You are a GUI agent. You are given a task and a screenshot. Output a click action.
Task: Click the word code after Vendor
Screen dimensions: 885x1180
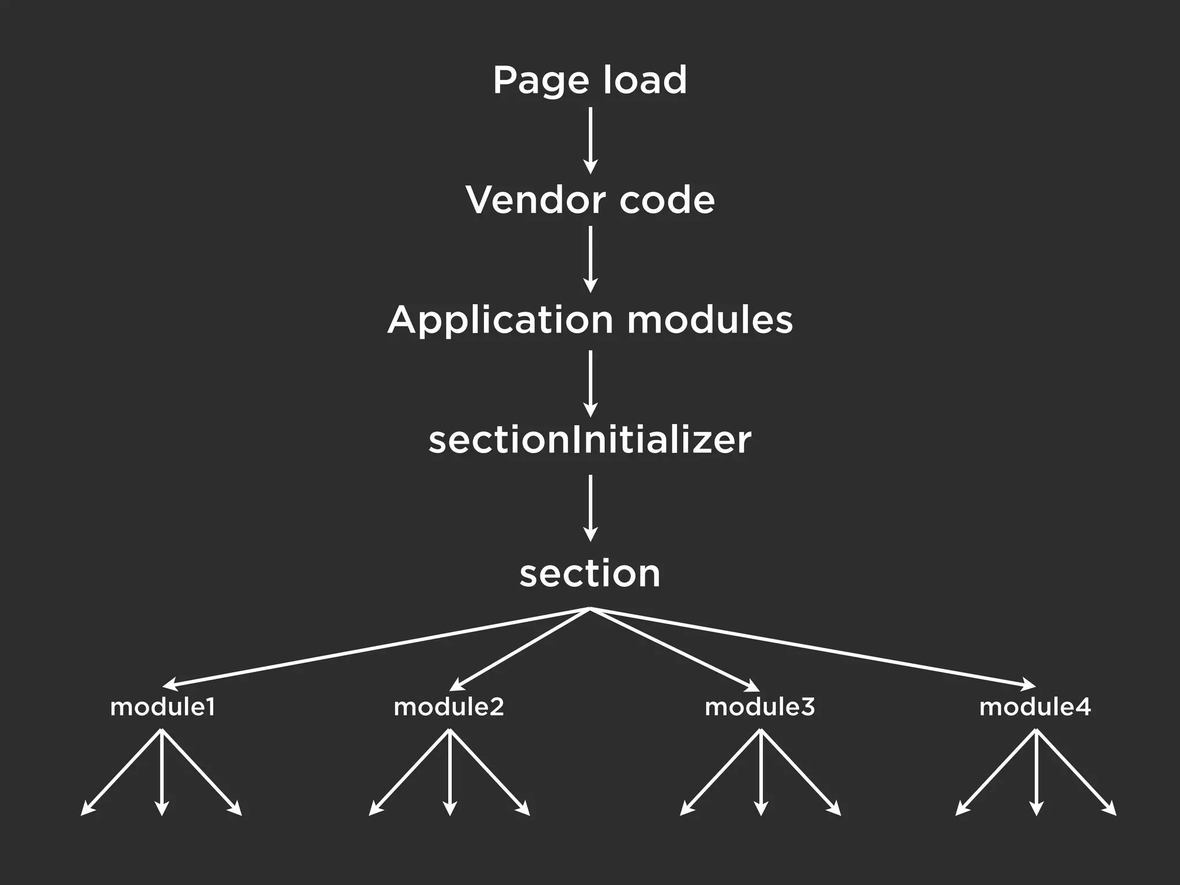coord(667,200)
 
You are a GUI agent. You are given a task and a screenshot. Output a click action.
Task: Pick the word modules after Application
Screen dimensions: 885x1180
coord(709,320)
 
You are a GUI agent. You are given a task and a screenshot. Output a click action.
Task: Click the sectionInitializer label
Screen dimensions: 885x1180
coord(589,440)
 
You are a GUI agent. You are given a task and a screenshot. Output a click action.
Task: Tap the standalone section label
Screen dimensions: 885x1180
coord(589,574)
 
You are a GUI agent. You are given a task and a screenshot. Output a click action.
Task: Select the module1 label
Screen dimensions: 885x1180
coord(162,707)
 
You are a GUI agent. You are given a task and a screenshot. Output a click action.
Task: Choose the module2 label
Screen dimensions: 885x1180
coord(449,707)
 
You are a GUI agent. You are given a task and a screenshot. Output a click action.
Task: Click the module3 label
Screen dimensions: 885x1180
coord(760,707)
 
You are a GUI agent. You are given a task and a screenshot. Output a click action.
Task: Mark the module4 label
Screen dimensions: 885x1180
coord(1035,707)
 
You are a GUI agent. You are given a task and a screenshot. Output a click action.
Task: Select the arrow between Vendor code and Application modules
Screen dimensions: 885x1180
coord(590,259)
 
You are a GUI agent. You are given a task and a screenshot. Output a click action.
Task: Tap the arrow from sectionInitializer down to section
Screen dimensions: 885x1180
coord(590,508)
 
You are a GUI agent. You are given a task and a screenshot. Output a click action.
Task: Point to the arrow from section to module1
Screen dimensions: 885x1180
coord(375,648)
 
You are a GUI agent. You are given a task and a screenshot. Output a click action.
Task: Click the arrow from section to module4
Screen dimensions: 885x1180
coord(812,648)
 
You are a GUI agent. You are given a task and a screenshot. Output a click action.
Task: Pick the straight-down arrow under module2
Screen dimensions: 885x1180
coord(450,772)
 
